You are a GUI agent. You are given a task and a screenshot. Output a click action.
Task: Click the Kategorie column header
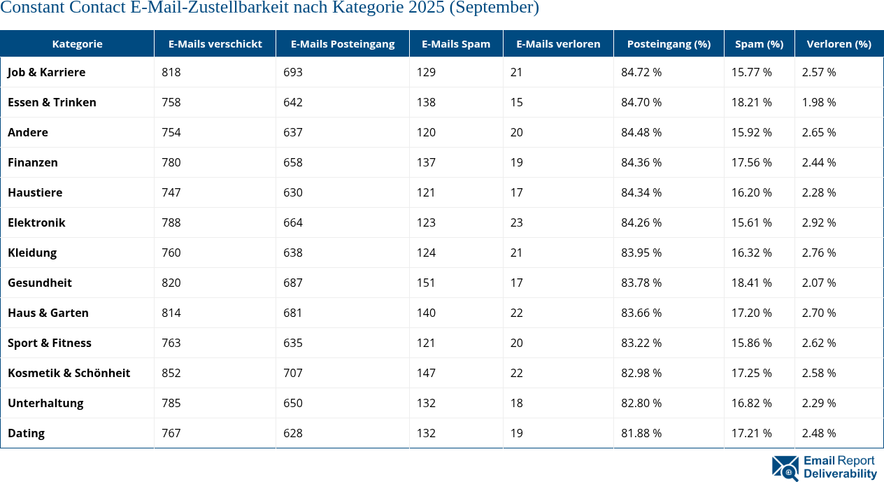tap(77, 43)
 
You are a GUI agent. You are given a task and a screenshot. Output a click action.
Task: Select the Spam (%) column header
tap(759, 43)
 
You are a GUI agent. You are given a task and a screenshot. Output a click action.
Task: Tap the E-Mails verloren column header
tap(558, 43)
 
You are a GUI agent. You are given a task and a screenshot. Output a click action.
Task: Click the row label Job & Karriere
tap(46, 72)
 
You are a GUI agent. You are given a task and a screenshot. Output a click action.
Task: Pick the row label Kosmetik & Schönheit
tap(69, 373)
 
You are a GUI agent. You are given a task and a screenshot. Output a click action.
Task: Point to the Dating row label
tap(26, 433)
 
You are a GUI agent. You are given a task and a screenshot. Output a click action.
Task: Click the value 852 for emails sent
tap(171, 373)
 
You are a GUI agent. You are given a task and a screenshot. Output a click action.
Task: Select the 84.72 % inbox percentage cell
tap(641, 72)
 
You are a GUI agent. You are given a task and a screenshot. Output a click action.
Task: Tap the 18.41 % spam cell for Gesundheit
tap(751, 283)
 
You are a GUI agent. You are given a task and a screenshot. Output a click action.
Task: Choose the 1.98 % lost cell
tap(821, 102)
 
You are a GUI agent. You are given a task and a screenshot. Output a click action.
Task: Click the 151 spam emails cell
tap(426, 283)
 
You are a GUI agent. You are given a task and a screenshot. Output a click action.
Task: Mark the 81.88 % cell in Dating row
tap(641, 433)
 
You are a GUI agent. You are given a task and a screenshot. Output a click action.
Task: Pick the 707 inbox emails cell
tap(293, 373)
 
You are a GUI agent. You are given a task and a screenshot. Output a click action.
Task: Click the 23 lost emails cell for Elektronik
tap(516, 222)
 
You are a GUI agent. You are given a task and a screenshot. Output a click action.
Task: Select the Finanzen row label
tap(32, 162)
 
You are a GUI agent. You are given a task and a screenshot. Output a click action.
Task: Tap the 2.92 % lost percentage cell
tap(821, 222)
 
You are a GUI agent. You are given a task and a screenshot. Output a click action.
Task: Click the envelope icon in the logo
tap(785, 468)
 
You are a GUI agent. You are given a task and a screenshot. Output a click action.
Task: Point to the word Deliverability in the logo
tap(840, 474)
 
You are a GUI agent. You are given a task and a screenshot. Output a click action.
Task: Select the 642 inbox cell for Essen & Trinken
tap(293, 102)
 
